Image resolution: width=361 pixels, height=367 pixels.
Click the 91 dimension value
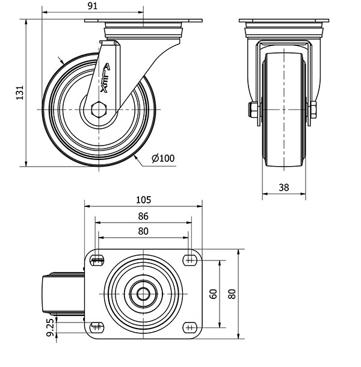(x=93, y=6)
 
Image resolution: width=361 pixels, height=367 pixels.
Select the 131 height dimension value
(x=20, y=93)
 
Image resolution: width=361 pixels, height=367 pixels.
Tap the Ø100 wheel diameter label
(x=163, y=158)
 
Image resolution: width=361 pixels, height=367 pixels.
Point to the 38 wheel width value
(x=284, y=187)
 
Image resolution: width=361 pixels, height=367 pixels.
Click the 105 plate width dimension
(x=144, y=200)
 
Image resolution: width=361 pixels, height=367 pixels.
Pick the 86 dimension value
(x=143, y=216)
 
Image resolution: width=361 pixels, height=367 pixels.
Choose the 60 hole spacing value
(x=214, y=294)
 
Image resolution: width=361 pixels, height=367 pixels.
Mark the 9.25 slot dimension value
(x=51, y=328)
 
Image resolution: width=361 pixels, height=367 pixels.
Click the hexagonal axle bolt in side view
(x=99, y=109)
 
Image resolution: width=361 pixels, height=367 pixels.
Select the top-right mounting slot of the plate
(x=190, y=260)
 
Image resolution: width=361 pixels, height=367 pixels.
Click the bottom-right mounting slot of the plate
(x=190, y=327)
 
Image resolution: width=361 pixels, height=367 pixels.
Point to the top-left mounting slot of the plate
(x=97, y=260)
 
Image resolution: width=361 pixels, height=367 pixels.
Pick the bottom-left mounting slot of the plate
(x=97, y=327)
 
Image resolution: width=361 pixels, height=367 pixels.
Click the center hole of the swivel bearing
(x=143, y=294)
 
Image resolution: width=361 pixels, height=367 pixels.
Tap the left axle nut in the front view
(x=253, y=109)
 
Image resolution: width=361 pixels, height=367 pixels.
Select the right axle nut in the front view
(x=313, y=109)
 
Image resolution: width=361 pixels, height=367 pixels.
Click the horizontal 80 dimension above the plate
(x=143, y=231)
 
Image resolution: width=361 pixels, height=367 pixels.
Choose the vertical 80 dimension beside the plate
(x=232, y=294)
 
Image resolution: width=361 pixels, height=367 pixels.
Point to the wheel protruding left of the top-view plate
(x=63, y=294)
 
